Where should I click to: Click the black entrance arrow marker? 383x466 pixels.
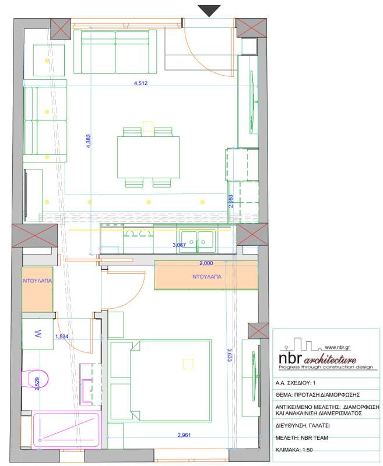[209, 10]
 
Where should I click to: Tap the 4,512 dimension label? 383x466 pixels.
[140, 83]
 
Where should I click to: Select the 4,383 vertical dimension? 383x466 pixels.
[88, 141]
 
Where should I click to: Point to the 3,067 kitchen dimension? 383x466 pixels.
[179, 245]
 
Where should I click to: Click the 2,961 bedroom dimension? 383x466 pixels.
[184, 435]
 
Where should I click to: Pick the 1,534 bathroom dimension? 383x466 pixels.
[62, 337]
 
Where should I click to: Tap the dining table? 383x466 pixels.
[148, 157]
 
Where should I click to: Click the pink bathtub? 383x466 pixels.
[67, 429]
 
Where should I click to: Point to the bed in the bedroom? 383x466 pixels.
[160, 382]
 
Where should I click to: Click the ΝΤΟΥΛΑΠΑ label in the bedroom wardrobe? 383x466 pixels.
[207, 277]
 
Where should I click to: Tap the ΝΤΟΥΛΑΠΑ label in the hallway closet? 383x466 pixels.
[37, 281]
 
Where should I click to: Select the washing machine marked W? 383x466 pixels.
[38, 334]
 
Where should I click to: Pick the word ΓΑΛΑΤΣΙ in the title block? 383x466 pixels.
[318, 426]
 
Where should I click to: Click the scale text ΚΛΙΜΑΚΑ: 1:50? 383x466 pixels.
[294, 450]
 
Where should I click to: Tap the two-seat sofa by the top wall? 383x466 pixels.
[115, 52]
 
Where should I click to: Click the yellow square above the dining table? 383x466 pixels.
[148, 126]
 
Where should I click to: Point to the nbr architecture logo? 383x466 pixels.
[326, 355]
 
